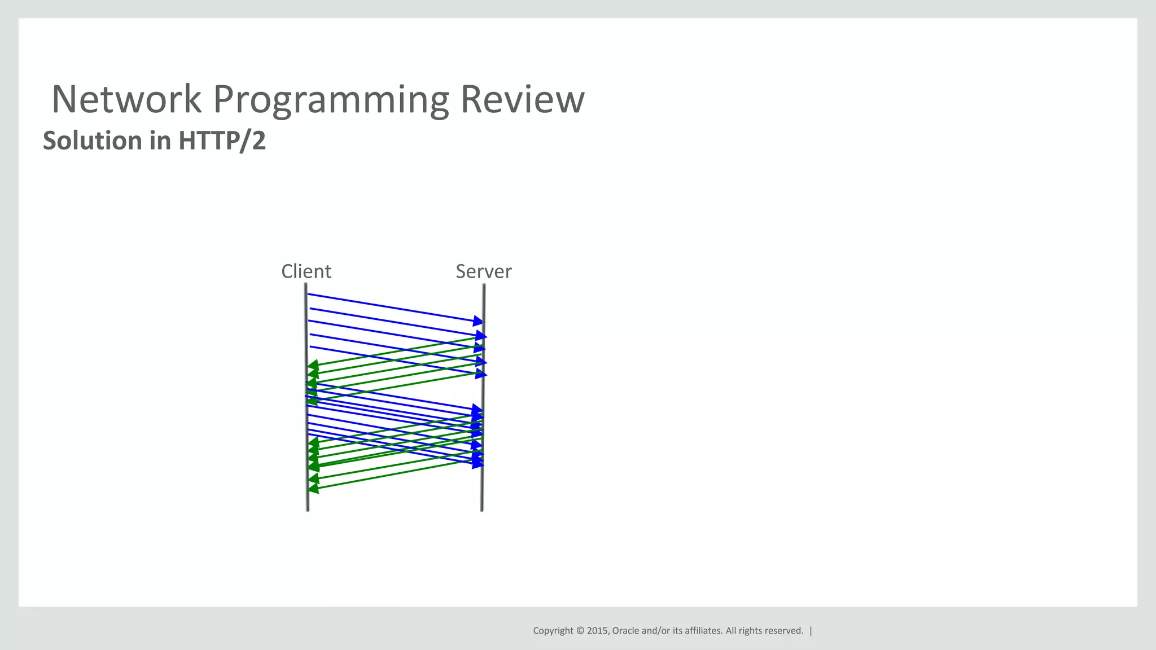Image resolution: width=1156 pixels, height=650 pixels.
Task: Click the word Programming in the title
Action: click(331, 99)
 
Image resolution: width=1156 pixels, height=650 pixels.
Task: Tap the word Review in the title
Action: click(522, 99)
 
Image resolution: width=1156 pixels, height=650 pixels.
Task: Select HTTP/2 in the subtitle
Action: click(222, 140)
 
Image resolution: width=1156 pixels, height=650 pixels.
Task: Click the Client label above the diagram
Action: click(306, 271)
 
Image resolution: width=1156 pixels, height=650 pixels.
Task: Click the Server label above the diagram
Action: click(483, 271)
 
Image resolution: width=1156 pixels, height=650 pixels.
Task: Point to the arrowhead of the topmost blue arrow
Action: click(478, 321)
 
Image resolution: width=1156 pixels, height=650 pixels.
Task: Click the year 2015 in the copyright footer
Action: click(598, 631)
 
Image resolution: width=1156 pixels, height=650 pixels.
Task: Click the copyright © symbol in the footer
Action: click(580, 631)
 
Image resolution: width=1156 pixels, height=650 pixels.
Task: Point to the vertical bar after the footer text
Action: click(811, 631)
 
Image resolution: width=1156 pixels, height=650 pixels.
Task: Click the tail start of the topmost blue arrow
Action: click(308, 295)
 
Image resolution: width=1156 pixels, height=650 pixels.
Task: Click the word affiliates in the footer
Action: click(703, 631)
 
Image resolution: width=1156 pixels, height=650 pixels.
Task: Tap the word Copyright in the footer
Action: click(553, 631)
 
